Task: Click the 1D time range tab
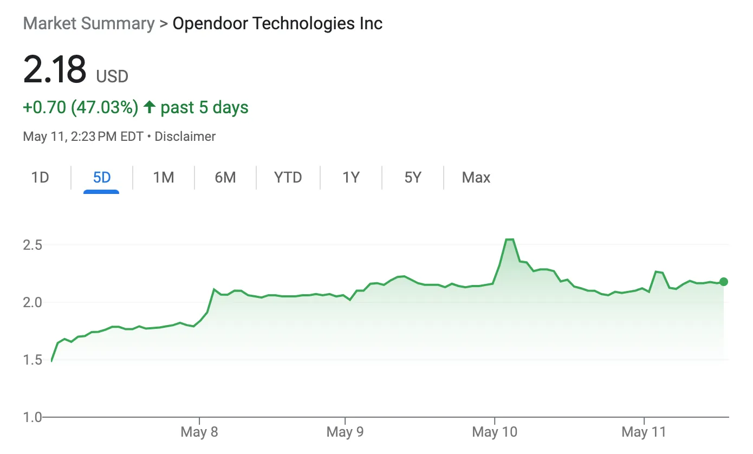(x=40, y=178)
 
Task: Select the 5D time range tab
(x=102, y=178)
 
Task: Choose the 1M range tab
(x=163, y=178)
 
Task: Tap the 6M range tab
(x=225, y=178)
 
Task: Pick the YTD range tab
(x=288, y=178)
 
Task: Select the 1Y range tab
(x=351, y=178)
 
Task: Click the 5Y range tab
(x=413, y=178)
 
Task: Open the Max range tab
(x=476, y=178)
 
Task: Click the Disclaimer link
(x=185, y=137)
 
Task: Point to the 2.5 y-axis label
(x=33, y=245)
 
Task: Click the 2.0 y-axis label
(x=33, y=302)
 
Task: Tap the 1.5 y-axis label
(x=33, y=360)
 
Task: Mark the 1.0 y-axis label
(x=33, y=417)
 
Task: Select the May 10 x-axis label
(x=495, y=432)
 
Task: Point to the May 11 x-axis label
(x=643, y=432)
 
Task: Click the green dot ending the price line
(x=723, y=282)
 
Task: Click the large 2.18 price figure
(x=55, y=69)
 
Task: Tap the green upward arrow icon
(x=150, y=107)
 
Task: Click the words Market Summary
(x=89, y=24)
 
